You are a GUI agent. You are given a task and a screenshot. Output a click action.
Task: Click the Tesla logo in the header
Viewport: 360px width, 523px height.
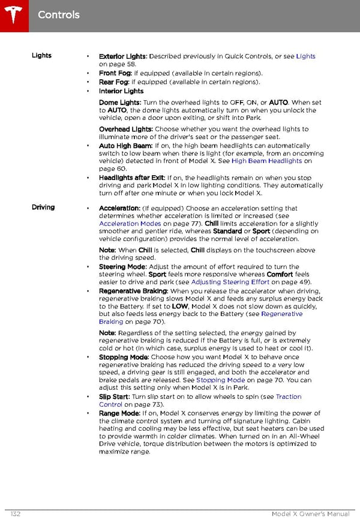[13, 13]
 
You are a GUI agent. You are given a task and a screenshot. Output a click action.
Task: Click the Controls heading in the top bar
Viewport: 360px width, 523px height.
[58, 14]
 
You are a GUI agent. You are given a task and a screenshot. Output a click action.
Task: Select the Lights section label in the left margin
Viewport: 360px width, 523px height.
[41, 56]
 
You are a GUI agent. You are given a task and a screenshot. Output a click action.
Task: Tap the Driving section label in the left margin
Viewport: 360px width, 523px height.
[43, 208]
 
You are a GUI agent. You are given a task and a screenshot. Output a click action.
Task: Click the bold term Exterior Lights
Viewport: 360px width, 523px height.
[122, 56]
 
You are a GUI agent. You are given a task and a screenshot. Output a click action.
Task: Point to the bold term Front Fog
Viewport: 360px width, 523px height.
[114, 74]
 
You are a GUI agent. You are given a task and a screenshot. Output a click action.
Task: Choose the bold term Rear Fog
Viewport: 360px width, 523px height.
[113, 82]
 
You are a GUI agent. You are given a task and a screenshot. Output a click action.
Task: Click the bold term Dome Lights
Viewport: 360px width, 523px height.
[119, 103]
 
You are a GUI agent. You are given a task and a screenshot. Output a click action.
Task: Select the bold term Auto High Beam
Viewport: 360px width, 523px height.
[125, 146]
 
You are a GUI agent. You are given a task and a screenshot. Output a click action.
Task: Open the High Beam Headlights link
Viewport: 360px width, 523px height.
[266, 161]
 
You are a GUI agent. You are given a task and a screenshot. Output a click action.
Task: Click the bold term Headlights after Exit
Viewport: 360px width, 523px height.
[131, 178]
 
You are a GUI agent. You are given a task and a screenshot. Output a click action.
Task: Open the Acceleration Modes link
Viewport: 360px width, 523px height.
[130, 224]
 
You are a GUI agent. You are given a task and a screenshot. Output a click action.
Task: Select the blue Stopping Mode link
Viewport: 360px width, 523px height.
[220, 380]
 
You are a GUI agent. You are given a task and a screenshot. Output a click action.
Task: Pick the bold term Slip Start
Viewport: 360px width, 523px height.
[114, 397]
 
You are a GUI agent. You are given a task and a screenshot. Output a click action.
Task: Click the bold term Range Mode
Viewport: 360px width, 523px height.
[119, 413]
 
